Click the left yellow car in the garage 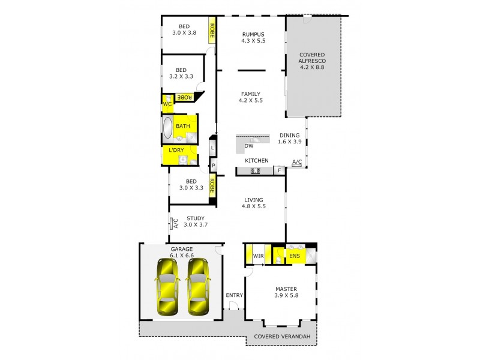point(166,287)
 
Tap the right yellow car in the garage point(198,287)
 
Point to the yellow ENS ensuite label point(295,256)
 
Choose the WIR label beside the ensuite point(259,256)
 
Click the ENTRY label point(234,295)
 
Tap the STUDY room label point(195,218)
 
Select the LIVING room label point(254,200)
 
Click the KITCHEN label point(256,161)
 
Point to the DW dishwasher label point(248,146)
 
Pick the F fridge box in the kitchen point(278,171)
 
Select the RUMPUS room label point(253,34)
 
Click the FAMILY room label point(251,94)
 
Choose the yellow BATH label point(183,126)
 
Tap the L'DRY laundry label point(176,150)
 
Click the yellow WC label point(167,103)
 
